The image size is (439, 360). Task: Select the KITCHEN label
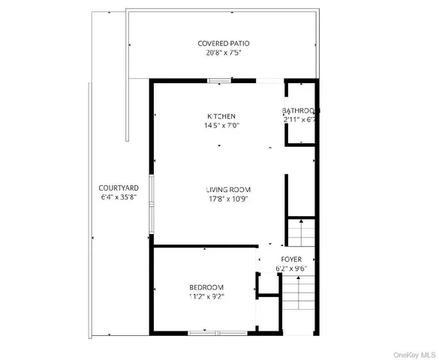(222, 116)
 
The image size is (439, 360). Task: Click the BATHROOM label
(302, 111)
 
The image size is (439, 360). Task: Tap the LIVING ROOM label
(229, 189)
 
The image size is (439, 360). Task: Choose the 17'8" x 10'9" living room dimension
(228, 199)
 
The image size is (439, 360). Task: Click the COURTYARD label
(116, 188)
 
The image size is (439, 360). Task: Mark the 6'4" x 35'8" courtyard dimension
(116, 198)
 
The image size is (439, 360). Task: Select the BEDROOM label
(206, 287)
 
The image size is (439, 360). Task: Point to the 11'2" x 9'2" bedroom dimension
(206, 296)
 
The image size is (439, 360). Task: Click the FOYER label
(291, 259)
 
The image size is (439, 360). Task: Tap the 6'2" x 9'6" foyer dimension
(291, 268)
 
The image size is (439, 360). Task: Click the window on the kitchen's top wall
(219, 80)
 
